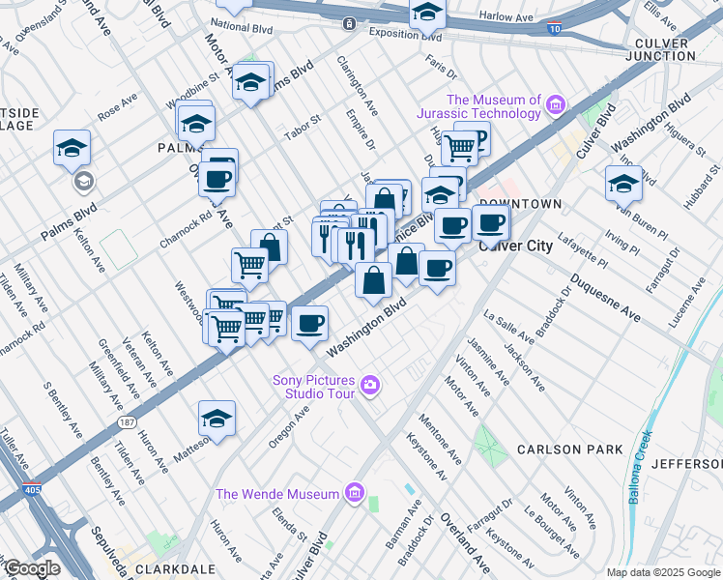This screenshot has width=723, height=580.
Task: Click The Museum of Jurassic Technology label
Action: [x=493, y=106]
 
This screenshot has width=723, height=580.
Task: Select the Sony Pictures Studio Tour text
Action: [x=314, y=387]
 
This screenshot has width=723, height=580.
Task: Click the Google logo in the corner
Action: [x=31, y=568]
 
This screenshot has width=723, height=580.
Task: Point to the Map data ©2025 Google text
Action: [x=662, y=572]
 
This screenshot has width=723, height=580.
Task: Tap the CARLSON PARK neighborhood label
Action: [x=563, y=449]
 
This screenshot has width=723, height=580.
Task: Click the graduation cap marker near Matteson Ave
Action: [x=217, y=419]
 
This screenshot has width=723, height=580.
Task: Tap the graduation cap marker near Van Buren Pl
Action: [x=623, y=182]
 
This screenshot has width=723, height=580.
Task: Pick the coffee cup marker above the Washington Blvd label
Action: [x=309, y=323]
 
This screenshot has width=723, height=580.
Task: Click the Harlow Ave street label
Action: [x=507, y=16]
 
